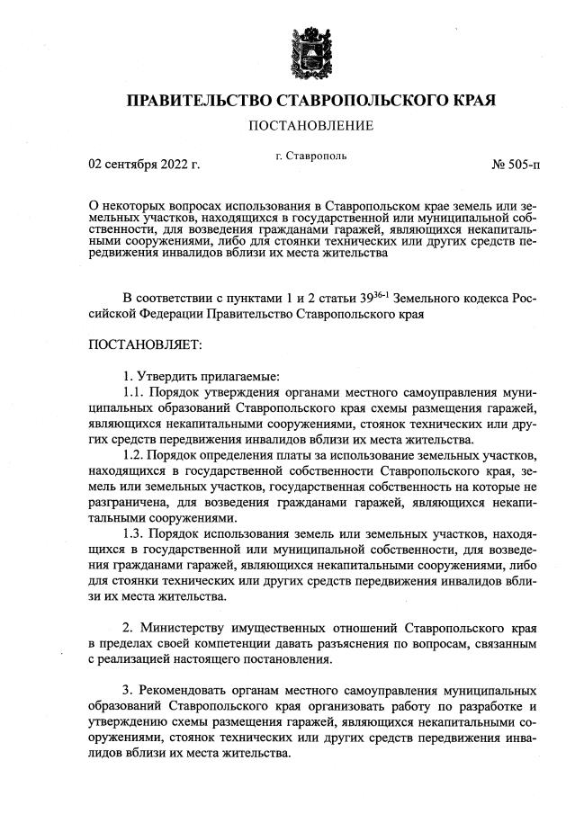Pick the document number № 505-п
[516, 165]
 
